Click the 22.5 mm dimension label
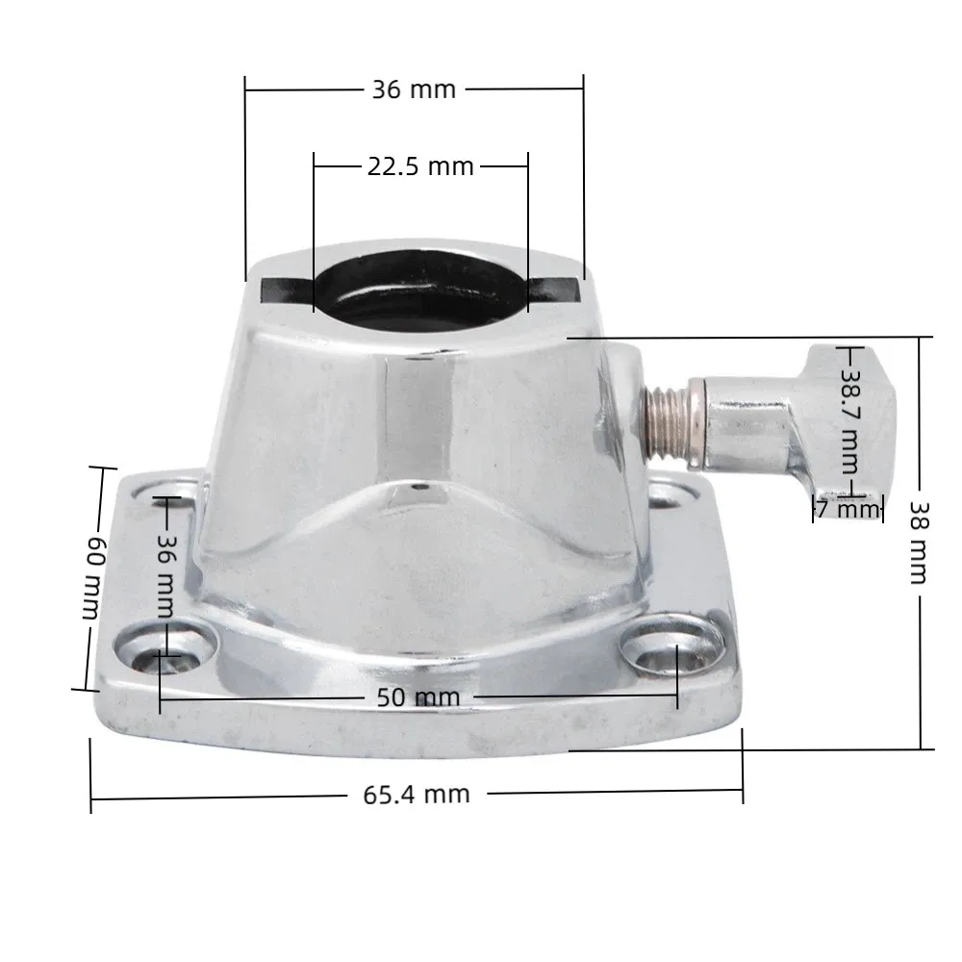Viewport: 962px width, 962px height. (x=420, y=166)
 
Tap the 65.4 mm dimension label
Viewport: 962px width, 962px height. (x=417, y=795)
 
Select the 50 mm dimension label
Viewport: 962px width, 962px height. (x=418, y=697)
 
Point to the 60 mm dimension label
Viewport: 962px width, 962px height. (x=94, y=577)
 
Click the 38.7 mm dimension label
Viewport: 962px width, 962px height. (x=851, y=422)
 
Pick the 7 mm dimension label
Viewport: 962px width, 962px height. (x=848, y=509)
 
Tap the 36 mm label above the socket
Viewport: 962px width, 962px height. (x=414, y=89)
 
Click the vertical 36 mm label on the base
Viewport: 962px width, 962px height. (x=165, y=576)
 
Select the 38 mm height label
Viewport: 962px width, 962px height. (x=919, y=543)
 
